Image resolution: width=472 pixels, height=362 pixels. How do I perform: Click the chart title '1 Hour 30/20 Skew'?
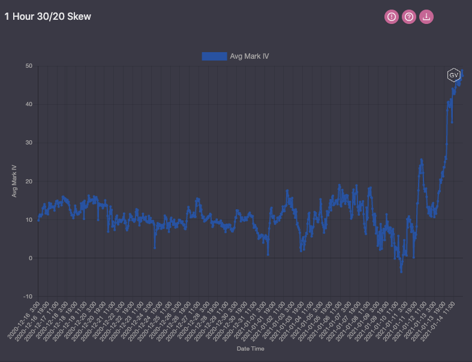coord(48,17)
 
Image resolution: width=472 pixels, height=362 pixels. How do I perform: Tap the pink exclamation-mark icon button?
coord(392,17)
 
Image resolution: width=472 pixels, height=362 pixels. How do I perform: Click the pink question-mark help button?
coord(409,17)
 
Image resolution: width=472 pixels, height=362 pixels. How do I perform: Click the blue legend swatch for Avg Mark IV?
coord(214,56)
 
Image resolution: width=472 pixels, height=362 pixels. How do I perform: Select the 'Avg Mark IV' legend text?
coord(249,56)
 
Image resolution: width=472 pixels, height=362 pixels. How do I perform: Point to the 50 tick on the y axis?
coord(28,66)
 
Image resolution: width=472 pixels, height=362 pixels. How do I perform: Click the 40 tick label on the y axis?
coord(28,104)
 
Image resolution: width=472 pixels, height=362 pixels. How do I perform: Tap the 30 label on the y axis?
coord(28,143)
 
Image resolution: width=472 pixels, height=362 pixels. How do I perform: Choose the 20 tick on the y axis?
coord(28,181)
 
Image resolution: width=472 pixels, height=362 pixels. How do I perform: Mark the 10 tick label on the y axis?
coord(28,219)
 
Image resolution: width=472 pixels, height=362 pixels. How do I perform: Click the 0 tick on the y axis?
coord(30,258)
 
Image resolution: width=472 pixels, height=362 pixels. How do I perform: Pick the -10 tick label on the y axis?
coord(27,297)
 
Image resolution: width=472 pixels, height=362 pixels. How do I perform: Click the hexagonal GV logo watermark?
coord(453,75)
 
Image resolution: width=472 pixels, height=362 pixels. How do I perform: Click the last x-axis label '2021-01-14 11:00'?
coord(440,321)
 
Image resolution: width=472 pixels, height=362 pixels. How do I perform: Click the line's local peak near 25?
coord(421,159)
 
